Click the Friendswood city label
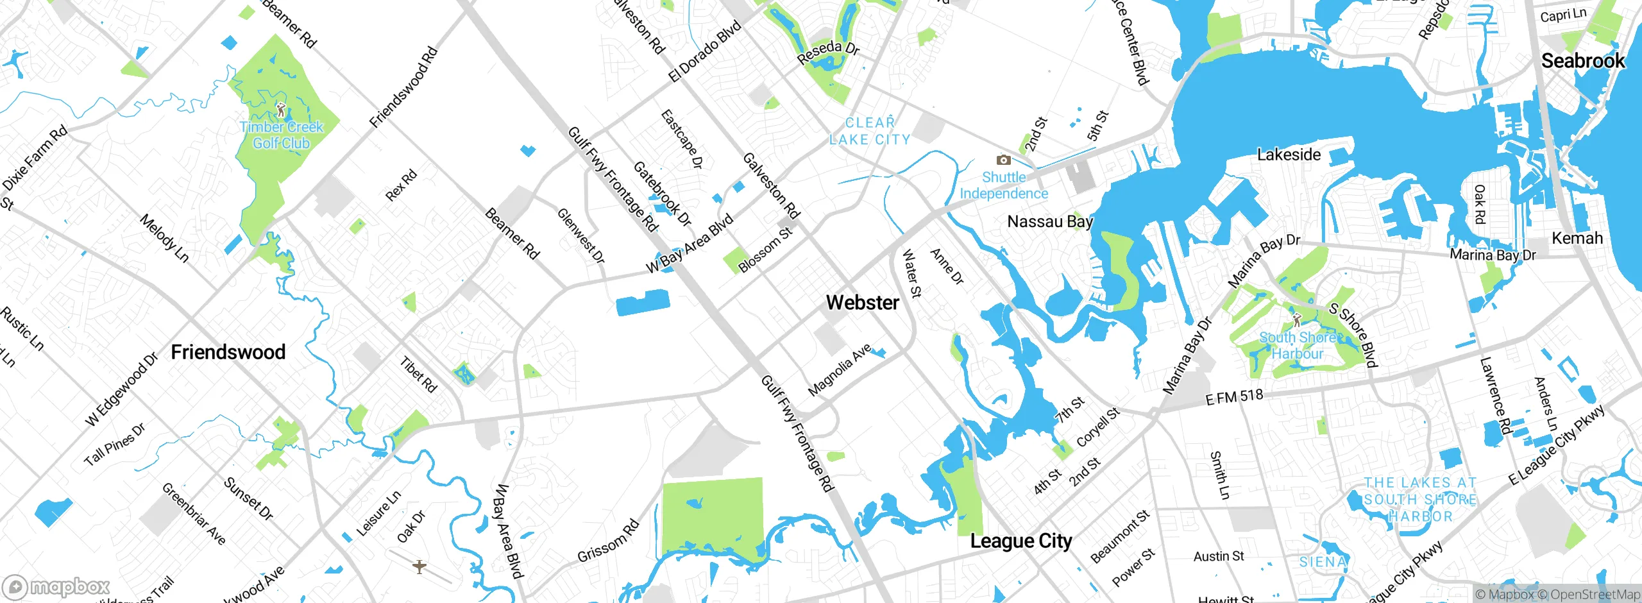pyautogui.click(x=228, y=352)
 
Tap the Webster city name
pyautogui.click(x=863, y=302)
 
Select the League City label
pyautogui.click(x=1020, y=541)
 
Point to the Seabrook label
pyautogui.click(x=1582, y=61)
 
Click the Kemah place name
pyautogui.click(x=1577, y=238)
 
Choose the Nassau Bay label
pyautogui.click(x=1049, y=222)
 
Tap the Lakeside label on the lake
pyautogui.click(x=1289, y=155)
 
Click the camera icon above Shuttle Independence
pyautogui.click(x=1003, y=160)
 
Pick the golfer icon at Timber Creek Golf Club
pyautogui.click(x=280, y=110)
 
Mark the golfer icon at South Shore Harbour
pyautogui.click(x=1296, y=319)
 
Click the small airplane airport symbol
pyautogui.click(x=419, y=566)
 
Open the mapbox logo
pyautogui.click(x=56, y=587)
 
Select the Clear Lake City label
pyautogui.click(x=870, y=132)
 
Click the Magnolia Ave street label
pyautogui.click(x=839, y=369)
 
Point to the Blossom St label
pyautogui.click(x=765, y=250)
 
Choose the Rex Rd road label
pyautogui.click(x=401, y=185)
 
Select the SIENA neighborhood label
pyautogui.click(x=1323, y=562)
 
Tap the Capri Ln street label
pyautogui.click(x=1562, y=15)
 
